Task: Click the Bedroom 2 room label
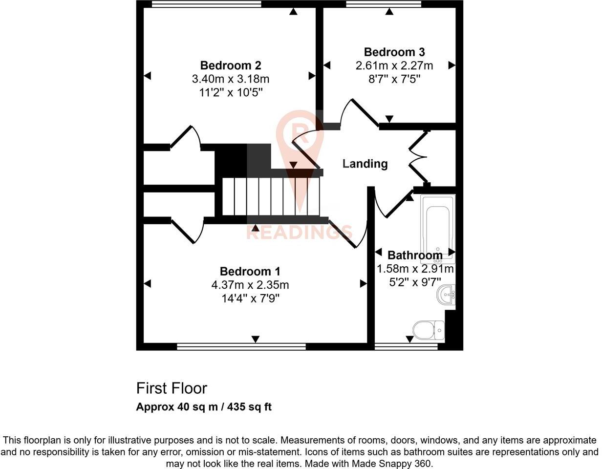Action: click(231, 65)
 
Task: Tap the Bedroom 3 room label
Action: click(394, 52)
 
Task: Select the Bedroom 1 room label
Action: click(250, 272)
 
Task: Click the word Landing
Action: click(365, 164)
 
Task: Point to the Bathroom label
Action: click(415, 255)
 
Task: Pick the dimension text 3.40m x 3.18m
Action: click(231, 79)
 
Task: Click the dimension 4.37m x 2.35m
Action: click(250, 285)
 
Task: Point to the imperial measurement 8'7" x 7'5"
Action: click(394, 78)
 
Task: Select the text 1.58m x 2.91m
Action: click(415, 269)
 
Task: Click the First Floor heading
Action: click(172, 388)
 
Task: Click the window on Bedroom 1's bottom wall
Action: click(241, 346)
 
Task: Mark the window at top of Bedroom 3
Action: click(384, 4)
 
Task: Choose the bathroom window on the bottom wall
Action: click(406, 346)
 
